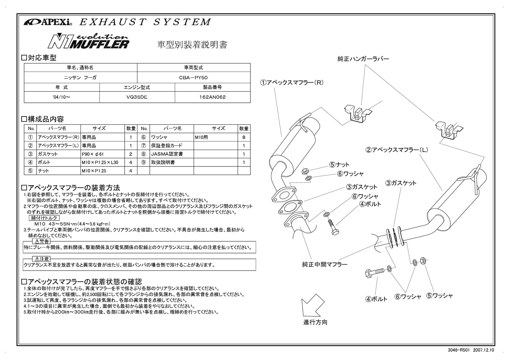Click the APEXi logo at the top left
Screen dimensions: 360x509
tap(48, 22)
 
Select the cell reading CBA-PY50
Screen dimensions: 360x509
tap(193, 77)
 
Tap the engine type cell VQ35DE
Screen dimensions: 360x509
tap(137, 97)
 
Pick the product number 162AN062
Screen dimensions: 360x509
tap(212, 97)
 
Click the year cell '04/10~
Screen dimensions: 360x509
tap(62, 97)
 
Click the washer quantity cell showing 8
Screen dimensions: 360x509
tap(244, 138)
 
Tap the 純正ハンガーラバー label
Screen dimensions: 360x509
tap(363, 59)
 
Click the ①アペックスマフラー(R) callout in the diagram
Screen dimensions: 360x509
tap(291, 82)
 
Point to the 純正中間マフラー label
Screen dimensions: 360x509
tap(324, 264)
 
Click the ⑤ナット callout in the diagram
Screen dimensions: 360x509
tap(339, 165)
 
